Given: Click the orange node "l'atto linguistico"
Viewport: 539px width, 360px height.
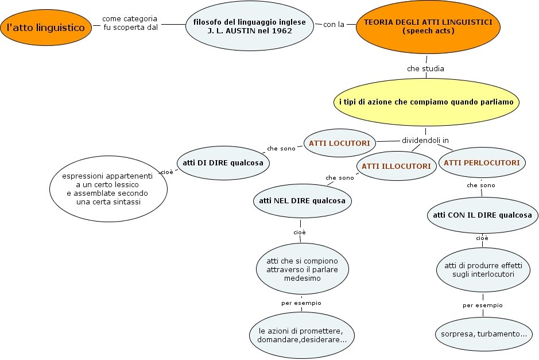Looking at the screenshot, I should click(46, 27).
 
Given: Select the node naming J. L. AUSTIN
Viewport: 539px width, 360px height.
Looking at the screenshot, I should click(250, 26).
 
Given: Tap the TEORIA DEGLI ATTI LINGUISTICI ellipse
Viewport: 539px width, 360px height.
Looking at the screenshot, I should click(428, 26).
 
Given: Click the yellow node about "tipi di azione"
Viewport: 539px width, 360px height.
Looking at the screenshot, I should click(426, 102).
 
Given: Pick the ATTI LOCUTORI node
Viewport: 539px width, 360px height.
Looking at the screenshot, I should click(340, 142).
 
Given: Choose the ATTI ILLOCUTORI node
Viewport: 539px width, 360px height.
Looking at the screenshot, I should click(395, 167).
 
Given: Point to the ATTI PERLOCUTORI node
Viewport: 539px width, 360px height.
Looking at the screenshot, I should click(482, 162).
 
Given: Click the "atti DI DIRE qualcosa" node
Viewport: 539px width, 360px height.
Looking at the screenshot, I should click(223, 163).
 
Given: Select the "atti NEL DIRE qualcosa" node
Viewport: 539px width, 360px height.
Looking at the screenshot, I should click(303, 201).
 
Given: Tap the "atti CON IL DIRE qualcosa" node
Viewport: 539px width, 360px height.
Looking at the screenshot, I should click(482, 216).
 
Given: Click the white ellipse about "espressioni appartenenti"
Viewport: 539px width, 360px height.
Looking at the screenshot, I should click(108, 188).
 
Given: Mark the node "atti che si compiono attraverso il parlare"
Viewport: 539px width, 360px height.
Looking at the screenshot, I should click(302, 269).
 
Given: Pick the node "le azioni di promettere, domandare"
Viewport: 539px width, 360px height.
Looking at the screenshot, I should click(302, 335).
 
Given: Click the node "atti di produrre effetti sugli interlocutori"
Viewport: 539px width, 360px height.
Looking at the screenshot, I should click(483, 269).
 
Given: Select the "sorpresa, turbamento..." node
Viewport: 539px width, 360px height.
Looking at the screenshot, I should click(483, 334).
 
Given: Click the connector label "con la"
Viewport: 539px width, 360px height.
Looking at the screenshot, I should click(334, 25).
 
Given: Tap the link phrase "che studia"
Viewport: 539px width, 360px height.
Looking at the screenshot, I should click(425, 68).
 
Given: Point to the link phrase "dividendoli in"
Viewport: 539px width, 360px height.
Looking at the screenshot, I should click(425, 140).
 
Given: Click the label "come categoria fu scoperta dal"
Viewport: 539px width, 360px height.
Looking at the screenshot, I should click(130, 23).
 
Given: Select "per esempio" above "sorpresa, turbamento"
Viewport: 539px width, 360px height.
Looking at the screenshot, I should click(482, 305).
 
